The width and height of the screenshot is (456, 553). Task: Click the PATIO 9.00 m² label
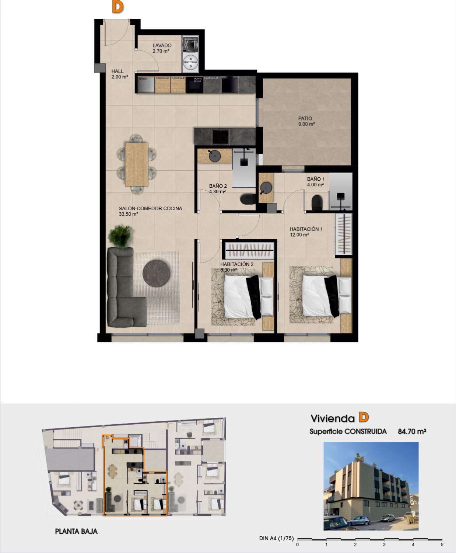[306, 121]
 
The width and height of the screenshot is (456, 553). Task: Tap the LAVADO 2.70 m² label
[162, 48]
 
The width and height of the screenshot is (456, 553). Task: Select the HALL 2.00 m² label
[119, 74]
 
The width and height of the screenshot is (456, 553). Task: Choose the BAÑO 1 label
[316, 181]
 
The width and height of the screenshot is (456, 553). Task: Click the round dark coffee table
[157, 273]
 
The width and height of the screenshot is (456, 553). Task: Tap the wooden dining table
[137, 164]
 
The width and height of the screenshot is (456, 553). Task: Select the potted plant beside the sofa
[120, 235]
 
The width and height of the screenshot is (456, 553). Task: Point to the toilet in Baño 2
[248, 199]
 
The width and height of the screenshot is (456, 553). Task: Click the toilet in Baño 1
[317, 203]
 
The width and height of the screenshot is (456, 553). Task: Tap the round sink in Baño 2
[215, 156]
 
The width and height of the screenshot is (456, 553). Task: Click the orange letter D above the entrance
[117, 7]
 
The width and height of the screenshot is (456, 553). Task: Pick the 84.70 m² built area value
[412, 431]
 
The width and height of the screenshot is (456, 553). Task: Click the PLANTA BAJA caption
[76, 531]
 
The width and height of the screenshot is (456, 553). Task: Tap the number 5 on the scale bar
[442, 545]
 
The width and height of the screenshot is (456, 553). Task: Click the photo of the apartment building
[371, 486]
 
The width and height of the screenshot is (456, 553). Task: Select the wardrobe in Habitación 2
[249, 250]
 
